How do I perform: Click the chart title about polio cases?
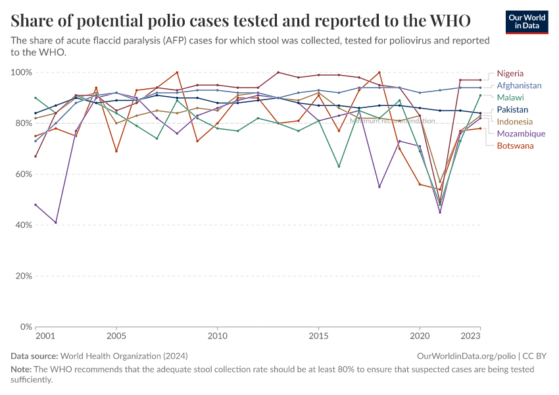pos(241,20)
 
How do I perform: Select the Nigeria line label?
pos(510,73)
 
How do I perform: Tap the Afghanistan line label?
pos(519,86)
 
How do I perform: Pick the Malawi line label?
pos(510,97)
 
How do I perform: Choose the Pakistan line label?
pos(512,109)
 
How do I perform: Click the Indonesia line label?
pos(515,122)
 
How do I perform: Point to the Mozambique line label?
pos(520,134)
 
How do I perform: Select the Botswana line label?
pos(515,145)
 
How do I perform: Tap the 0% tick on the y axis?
pos(26,327)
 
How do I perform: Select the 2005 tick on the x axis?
pos(116,336)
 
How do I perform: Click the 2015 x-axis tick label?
pos(318,336)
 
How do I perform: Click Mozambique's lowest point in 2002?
pos(56,223)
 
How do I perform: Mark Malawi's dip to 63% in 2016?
pos(339,167)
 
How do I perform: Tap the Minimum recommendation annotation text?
pos(392,120)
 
